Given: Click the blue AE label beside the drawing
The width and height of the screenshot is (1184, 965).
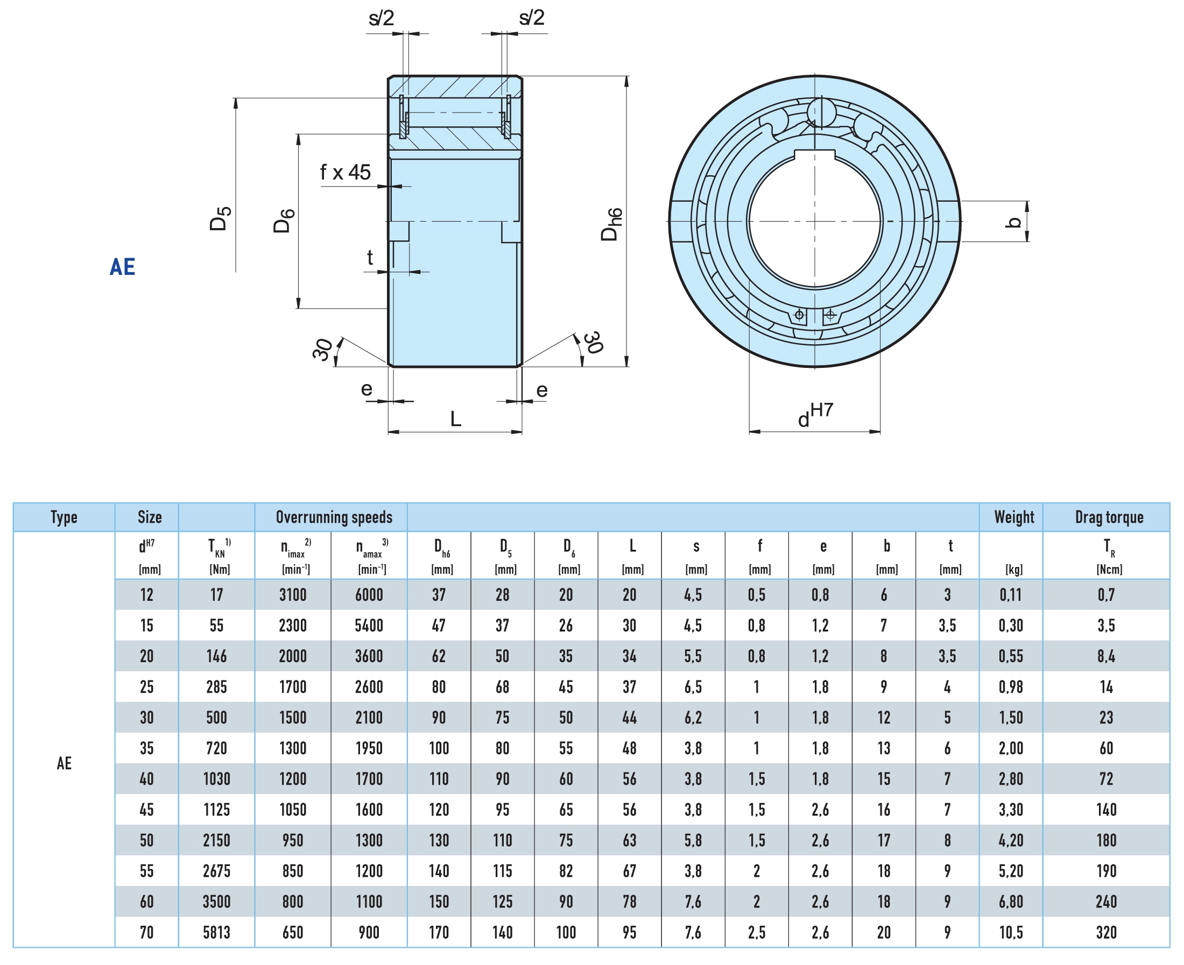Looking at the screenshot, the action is coord(122,267).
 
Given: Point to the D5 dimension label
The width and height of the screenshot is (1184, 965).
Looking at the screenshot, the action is coord(220,218).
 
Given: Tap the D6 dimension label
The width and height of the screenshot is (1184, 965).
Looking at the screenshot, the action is coord(284,221).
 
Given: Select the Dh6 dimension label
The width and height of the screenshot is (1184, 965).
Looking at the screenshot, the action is coord(611,224).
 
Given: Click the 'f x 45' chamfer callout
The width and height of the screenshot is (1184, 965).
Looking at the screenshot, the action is coord(346,172).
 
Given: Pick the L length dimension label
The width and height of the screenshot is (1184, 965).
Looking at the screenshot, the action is coord(455,418).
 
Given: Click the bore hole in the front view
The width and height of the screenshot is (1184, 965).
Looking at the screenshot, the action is coord(815,221).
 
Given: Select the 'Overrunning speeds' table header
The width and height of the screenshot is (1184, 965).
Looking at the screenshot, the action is coord(334,517).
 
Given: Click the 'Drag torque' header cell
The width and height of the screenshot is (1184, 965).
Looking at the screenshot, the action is coord(1109,517).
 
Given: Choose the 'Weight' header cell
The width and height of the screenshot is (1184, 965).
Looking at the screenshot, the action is coord(1014,517).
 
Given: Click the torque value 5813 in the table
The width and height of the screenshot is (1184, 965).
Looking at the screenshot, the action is coord(216,933).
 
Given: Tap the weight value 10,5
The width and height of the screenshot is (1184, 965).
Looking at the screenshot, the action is coord(1011,933).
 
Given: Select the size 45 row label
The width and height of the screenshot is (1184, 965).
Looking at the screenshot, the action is coord(147,810).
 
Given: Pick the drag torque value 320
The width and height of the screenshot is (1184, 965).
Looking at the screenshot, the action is coord(1106,933).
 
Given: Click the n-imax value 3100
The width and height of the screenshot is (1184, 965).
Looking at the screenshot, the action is coord(293,595).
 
